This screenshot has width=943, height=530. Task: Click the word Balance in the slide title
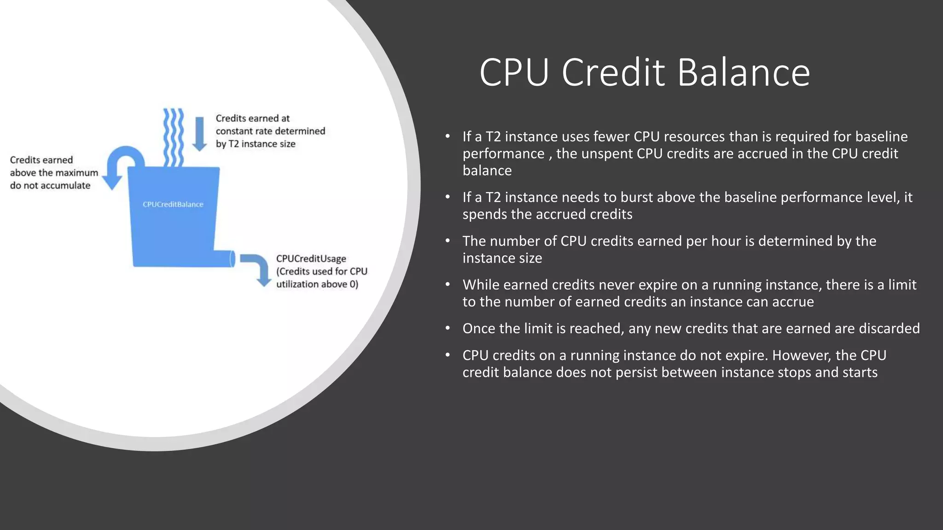(x=743, y=72)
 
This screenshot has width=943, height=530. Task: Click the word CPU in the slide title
(x=514, y=72)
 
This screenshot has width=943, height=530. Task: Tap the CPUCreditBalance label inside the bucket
(x=173, y=204)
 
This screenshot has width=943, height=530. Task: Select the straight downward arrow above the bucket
(x=199, y=134)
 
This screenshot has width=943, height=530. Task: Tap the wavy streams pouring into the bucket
(x=174, y=137)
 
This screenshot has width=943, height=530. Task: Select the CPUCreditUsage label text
(x=311, y=259)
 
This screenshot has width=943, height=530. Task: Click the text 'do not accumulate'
(x=50, y=185)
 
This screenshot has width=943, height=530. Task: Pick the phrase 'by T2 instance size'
(x=256, y=144)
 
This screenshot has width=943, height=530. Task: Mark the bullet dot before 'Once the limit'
(x=448, y=328)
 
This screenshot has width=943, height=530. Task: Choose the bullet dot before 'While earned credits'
(x=448, y=284)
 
